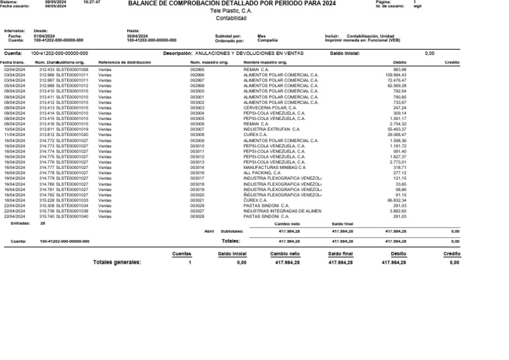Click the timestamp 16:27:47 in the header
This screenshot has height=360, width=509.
pos(91,3)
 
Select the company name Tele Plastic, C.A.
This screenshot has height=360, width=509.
pos(231,11)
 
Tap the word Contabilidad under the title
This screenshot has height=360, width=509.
pos(231,19)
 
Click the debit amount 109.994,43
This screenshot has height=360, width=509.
pos(395,74)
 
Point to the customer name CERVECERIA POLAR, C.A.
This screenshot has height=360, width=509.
pos(270,107)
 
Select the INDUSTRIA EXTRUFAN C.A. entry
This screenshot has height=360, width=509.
pos(272,129)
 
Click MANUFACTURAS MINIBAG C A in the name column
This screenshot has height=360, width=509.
pos(274,168)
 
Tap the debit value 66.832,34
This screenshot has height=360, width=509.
pos(396,200)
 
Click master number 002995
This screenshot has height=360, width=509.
pos(197,69)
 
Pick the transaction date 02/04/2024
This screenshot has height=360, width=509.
pos(15,69)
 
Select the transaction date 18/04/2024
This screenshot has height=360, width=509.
pos(15,200)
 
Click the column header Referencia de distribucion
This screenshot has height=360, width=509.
pos(125,62)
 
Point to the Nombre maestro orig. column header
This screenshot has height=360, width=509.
pos(265,62)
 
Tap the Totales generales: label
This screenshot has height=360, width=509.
pos(117,263)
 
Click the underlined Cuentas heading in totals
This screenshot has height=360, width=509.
pos(182,254)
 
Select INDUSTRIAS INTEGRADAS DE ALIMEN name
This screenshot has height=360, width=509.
pos(282,211)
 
